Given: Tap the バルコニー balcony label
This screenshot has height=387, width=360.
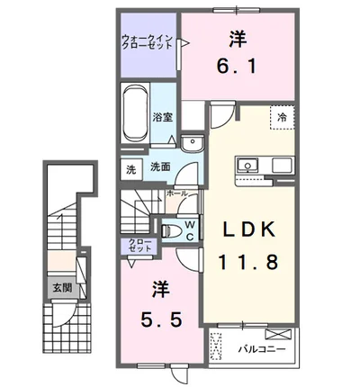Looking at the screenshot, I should coord(262,346).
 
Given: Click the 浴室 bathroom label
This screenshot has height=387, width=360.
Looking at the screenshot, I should coord(162,117).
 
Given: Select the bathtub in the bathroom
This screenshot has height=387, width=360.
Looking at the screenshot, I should coord(135,115).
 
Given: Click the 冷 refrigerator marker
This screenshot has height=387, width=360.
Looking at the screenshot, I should coord(282,117).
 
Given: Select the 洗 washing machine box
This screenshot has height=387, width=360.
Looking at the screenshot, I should coord(130,167).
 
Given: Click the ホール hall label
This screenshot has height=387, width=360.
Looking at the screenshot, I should coord(177,193).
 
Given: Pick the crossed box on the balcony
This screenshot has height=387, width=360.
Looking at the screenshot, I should coord(220,346).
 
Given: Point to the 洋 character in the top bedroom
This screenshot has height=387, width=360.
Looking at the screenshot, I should coord(238,38).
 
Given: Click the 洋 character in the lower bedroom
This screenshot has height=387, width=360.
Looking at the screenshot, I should coord(159,290).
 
